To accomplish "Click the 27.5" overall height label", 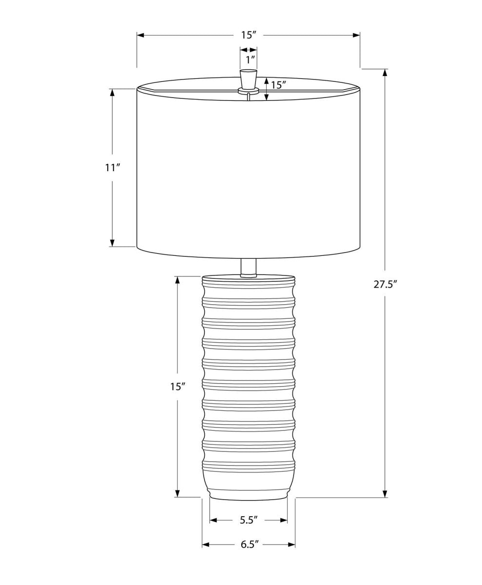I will tap(385, 284).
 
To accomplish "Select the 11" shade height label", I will tap(112, 168).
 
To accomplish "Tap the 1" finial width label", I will tap(250, 60).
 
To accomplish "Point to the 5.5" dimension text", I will tap(248, 520).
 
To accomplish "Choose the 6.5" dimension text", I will tap(249, 544).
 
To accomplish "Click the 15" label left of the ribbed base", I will tap(177, 387).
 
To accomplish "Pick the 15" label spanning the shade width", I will tap(248, 35).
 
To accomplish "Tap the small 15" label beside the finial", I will tap(278, 85).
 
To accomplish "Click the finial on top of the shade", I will tap(249, 79).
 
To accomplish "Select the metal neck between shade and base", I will tap(249, 267).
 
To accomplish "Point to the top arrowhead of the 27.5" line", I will tap(385, 73).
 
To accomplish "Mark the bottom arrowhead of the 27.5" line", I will tap(385, 493).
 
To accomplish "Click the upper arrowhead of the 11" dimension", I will tap(112, 93).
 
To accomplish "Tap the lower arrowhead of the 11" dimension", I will tap(112, 243).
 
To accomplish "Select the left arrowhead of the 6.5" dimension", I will tap(206, 544).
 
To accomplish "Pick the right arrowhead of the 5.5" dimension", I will tap(284, 520).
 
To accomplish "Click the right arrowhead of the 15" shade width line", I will tap(356, 35).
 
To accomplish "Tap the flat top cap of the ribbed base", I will tap(249, 279).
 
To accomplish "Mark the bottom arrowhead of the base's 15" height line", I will tap(177, 493).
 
